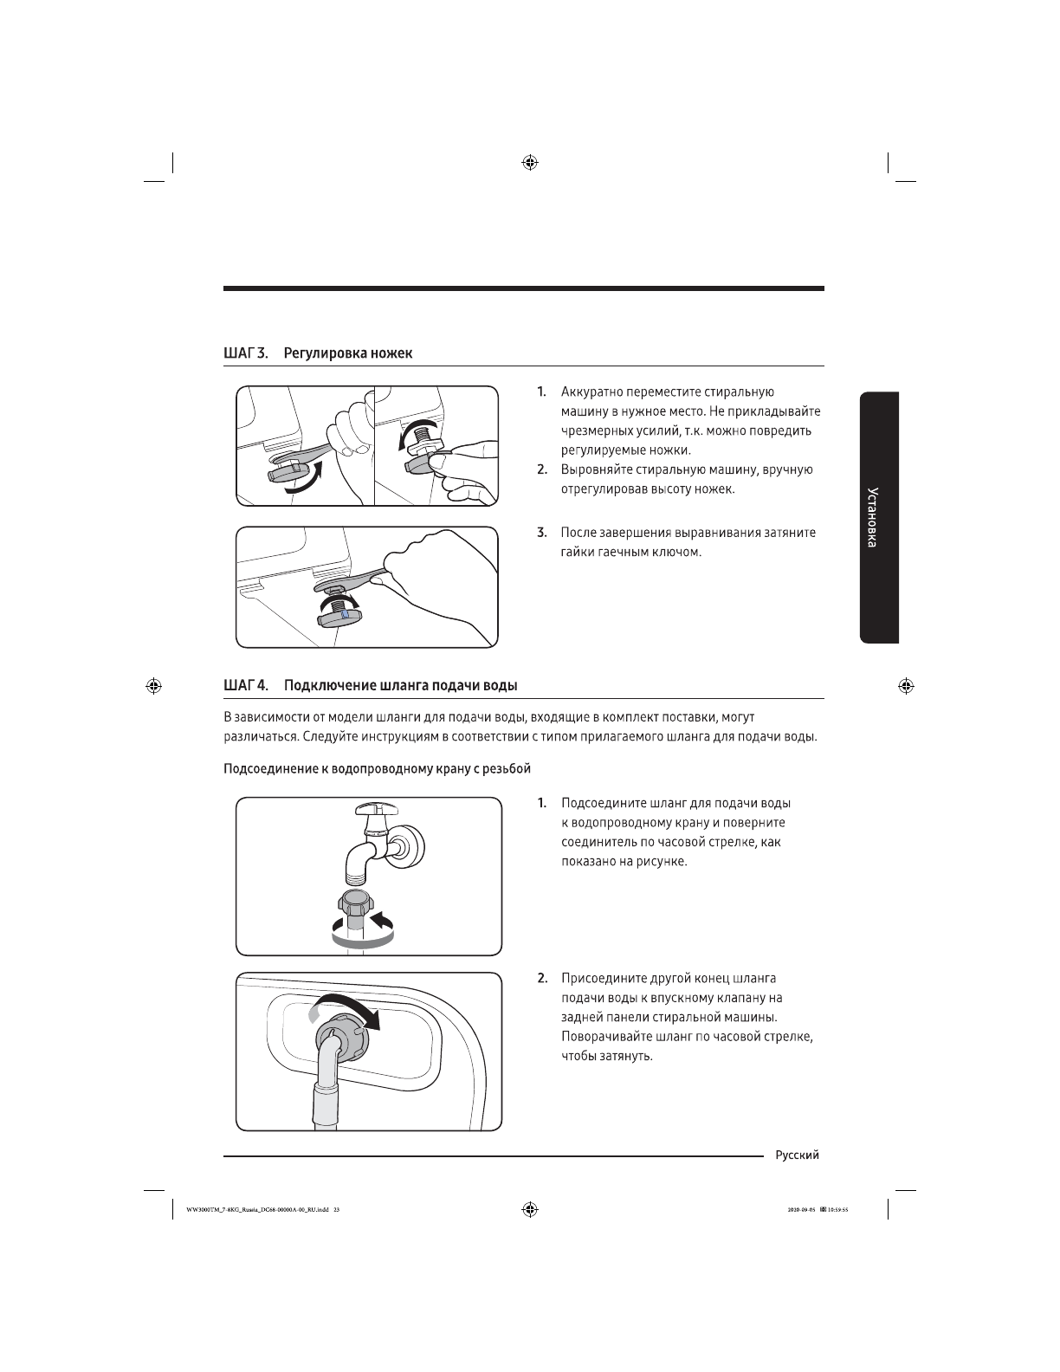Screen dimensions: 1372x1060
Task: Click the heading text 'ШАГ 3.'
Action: tap(246, 353)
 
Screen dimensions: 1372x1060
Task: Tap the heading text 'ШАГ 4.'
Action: tap(246, 686)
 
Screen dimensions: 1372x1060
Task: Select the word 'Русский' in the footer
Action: tap(797, 1155)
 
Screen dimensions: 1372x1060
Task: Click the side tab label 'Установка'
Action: tap(878, 518)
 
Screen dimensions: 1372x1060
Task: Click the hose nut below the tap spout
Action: tap(355, 906)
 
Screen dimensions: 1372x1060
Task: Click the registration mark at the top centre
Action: tap(530, 162)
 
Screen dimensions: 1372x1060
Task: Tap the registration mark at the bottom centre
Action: tap(530, 1209)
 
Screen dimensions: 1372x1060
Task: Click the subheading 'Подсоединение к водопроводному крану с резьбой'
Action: tap(377, 768)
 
